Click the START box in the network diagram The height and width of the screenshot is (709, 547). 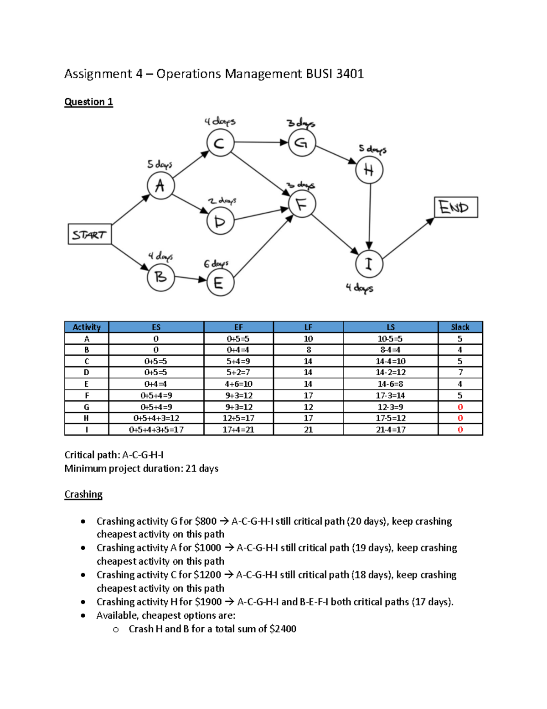pyautogui.click(x=89, y=234)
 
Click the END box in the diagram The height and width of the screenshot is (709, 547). pyautogui.click(x=456, y=207)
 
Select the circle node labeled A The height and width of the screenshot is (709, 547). pyautogui.click(x=160, y=185)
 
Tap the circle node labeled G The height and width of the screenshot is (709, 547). pyautogui.click(x=302, y=143)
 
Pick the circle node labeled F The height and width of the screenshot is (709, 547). pyautogui.click(x=302, y=204)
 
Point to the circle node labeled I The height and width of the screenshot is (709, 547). pyautogui.click(x=369, y=264)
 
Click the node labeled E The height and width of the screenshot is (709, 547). pyautogui.click(x=220, y=283)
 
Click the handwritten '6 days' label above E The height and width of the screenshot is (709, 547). pyautogui.click(x=216, y=264)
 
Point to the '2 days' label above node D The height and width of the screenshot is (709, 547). pyautogui.click(x=222, y=201)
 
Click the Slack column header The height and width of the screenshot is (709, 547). pyautogui.click(x=460, y=327)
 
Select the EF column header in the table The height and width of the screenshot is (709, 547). pyautogui.click(x=238, y=327)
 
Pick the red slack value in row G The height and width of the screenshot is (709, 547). pyautogui.click(x=460, y=407)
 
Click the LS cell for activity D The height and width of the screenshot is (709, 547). pyautogui.click(x=391, y=373)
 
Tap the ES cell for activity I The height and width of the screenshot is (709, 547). pyautogui.click(x=156, y=430)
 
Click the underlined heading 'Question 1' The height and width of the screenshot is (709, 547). pyautogui.click(x=88, y=102)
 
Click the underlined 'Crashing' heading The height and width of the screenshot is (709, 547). pyautogui.click(x=83, y=494)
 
